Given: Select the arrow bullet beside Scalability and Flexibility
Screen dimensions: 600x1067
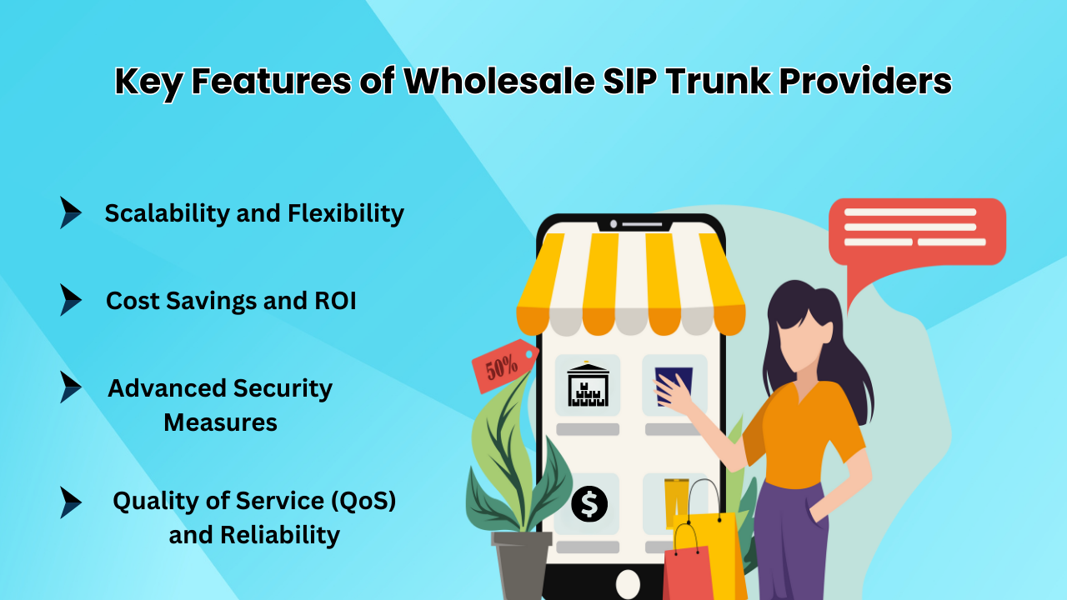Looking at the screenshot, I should (x=70, y=212).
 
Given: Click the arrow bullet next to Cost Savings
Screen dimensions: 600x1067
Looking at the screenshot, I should (x=70, y=300).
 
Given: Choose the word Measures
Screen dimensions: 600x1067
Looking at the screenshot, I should (x=220, y=422).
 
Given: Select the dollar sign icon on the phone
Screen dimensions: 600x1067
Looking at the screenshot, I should (x=589, y=504).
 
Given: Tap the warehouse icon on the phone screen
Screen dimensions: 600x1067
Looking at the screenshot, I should (x=588, y=385).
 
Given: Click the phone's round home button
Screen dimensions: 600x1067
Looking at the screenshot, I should (x=627, y=582).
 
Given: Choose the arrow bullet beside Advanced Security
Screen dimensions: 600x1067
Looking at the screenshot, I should (x=70, y=387).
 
